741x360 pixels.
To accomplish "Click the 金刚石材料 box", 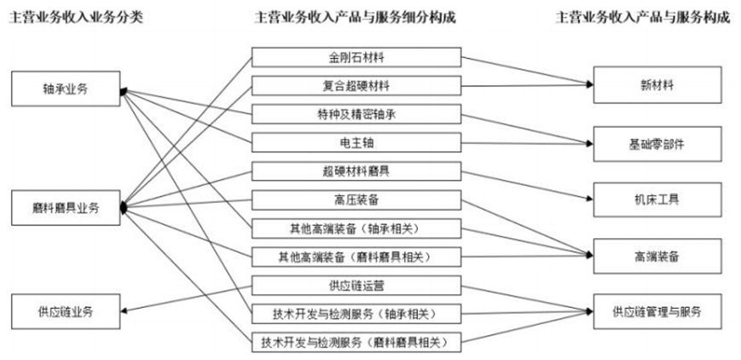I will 357,59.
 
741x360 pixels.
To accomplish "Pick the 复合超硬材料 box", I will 357,86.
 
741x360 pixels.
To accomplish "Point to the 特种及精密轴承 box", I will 357,113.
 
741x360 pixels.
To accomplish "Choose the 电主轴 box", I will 357,142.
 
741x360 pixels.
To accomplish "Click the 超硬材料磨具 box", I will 357,171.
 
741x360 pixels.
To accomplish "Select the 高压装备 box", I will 357,199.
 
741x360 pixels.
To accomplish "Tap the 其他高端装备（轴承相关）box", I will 357,228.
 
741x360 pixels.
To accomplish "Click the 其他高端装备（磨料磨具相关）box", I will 357,256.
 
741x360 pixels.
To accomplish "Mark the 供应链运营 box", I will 357,284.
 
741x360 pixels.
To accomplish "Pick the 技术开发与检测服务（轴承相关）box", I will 357,312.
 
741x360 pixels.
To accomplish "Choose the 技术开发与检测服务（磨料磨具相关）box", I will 357,341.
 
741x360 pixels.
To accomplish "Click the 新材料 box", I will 657,85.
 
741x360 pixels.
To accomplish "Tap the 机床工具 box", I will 657,200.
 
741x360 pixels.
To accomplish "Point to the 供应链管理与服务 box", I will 657,311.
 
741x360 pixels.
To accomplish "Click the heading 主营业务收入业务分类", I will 76,17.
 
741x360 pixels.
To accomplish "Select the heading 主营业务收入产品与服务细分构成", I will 356,17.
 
